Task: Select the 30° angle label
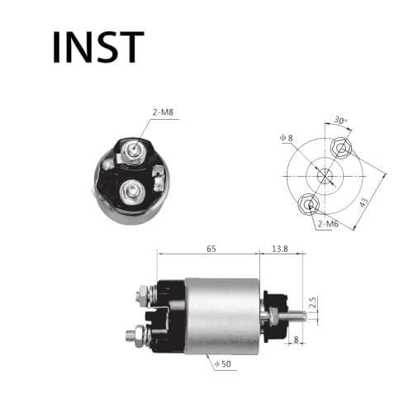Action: [x=339, y=121]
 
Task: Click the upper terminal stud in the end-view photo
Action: [x=132, y=150]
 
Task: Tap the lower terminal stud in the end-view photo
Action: [x=130, y=192]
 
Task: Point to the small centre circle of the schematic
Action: [x=324, y=175]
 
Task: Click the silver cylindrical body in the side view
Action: [x=221, y=315]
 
